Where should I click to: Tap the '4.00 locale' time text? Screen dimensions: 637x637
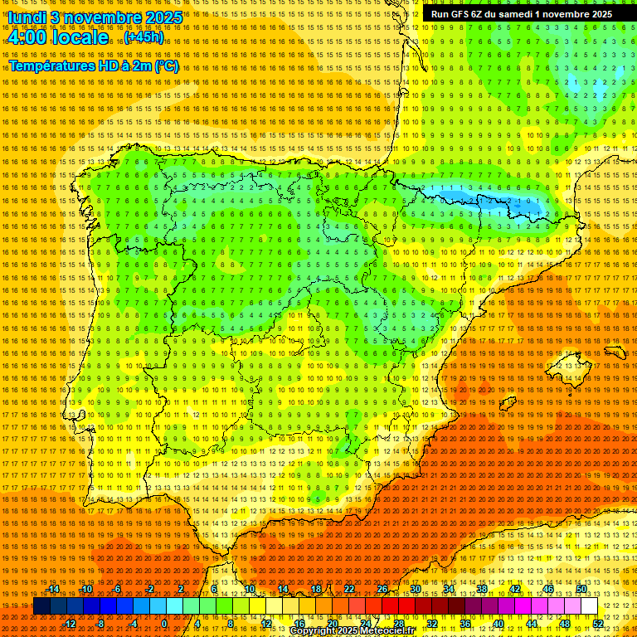pos(57,37)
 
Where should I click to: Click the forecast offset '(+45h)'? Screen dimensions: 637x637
pos(143,37)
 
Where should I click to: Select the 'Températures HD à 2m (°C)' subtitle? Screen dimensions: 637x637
pos(93,66)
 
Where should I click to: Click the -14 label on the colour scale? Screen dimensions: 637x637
pos(53,589)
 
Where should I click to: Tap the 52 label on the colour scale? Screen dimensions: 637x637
pos(598,624)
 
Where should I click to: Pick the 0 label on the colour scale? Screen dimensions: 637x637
pos(164,624)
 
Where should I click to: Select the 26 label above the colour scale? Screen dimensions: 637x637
pos(382,589)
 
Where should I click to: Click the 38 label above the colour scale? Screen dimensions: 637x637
pos(482,589)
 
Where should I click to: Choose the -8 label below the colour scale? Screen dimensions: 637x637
pos(100,624)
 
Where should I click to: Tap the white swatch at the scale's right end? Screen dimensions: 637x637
pos(589,606)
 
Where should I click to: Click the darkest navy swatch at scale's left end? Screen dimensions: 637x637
pos(41,606)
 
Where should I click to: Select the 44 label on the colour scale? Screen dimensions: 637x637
pos(532,624)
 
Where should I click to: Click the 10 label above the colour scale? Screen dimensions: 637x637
pos(250,589)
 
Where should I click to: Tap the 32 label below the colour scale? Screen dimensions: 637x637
pos(431,624)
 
